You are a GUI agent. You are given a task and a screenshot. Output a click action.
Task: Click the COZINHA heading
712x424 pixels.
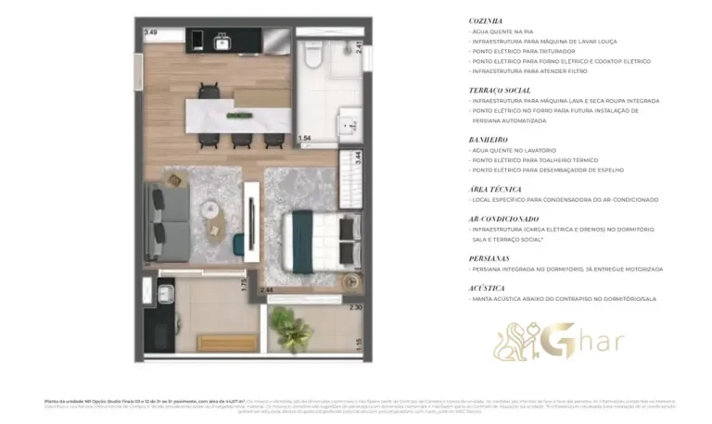pos(486,19)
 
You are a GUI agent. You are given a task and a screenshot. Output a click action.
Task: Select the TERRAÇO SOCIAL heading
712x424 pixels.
pos(499,90)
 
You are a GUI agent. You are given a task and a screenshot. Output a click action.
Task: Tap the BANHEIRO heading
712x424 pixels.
pos(488,139)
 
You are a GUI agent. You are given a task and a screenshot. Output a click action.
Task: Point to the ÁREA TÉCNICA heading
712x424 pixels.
pos(494,188)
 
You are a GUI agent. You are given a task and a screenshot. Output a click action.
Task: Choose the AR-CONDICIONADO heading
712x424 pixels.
pos(504,218)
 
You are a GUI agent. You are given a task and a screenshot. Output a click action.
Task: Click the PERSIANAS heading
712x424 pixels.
pos(489,258)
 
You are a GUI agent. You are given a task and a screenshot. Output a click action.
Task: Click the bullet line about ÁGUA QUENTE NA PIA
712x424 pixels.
pos(505,31)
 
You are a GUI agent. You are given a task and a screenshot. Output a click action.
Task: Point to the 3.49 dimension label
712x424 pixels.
pos(150,33)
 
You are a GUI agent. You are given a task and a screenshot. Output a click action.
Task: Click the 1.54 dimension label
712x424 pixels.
pos(304,138)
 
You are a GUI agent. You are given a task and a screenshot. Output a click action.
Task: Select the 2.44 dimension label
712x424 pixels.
pos(266,291)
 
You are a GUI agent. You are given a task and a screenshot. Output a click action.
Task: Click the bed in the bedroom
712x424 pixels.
pos(311,241)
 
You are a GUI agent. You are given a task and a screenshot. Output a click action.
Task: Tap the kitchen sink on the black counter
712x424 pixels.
pos(222,41)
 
